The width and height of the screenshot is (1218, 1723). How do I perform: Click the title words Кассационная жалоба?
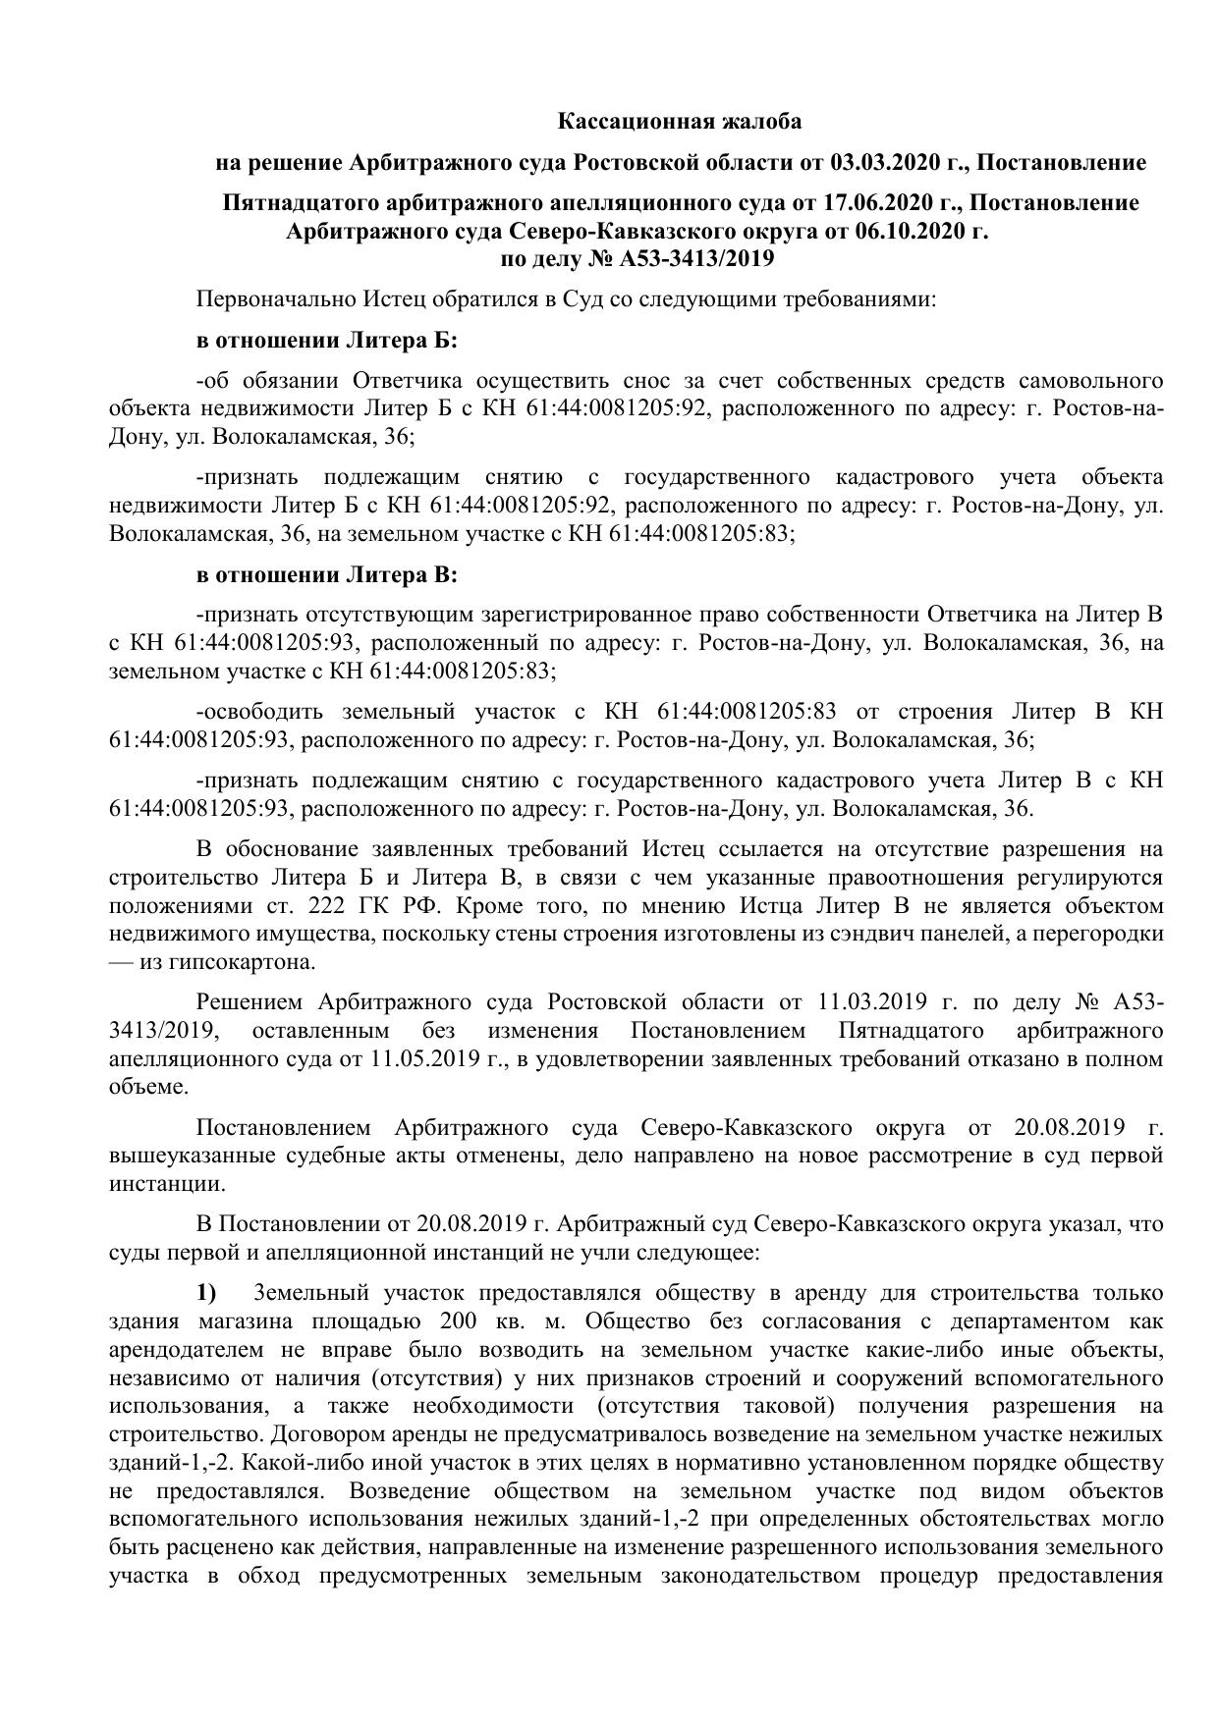(680, 122)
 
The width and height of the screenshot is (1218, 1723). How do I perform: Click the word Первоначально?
(264, 299)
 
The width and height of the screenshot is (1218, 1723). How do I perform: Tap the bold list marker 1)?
(205, 1292)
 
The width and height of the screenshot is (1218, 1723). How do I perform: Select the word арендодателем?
(188, 1349)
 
